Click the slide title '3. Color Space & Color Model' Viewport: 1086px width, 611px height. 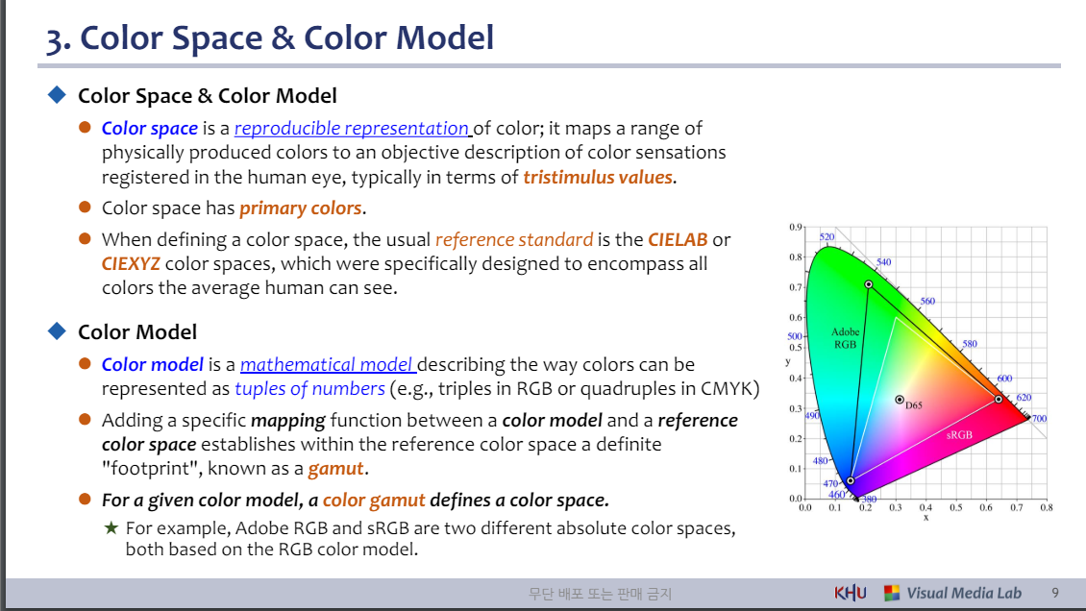[270, 37]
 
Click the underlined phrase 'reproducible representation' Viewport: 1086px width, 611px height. [351, 128]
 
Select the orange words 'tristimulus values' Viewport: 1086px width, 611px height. [599, 177]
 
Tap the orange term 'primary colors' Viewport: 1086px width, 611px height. [301, 208]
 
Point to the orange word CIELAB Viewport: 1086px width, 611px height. [678, 238]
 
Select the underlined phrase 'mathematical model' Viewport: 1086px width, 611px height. [327, 364]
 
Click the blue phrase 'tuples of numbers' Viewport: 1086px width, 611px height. [309, 388]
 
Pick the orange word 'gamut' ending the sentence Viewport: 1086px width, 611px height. [336, 469]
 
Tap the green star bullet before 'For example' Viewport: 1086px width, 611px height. [111, 527]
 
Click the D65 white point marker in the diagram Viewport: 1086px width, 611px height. [900, 399]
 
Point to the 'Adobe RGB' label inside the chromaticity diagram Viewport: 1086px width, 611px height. [845, 338]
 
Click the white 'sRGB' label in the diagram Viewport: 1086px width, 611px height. [958, 435]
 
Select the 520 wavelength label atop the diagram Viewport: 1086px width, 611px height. [827, 236]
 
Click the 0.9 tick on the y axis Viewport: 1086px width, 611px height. [795, 227]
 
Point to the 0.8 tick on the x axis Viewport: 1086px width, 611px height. [1046, 506]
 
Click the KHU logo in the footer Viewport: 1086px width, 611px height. [850, 593]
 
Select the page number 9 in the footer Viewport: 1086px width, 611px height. [1055, 593]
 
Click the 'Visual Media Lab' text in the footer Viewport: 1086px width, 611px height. [964, 593]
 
